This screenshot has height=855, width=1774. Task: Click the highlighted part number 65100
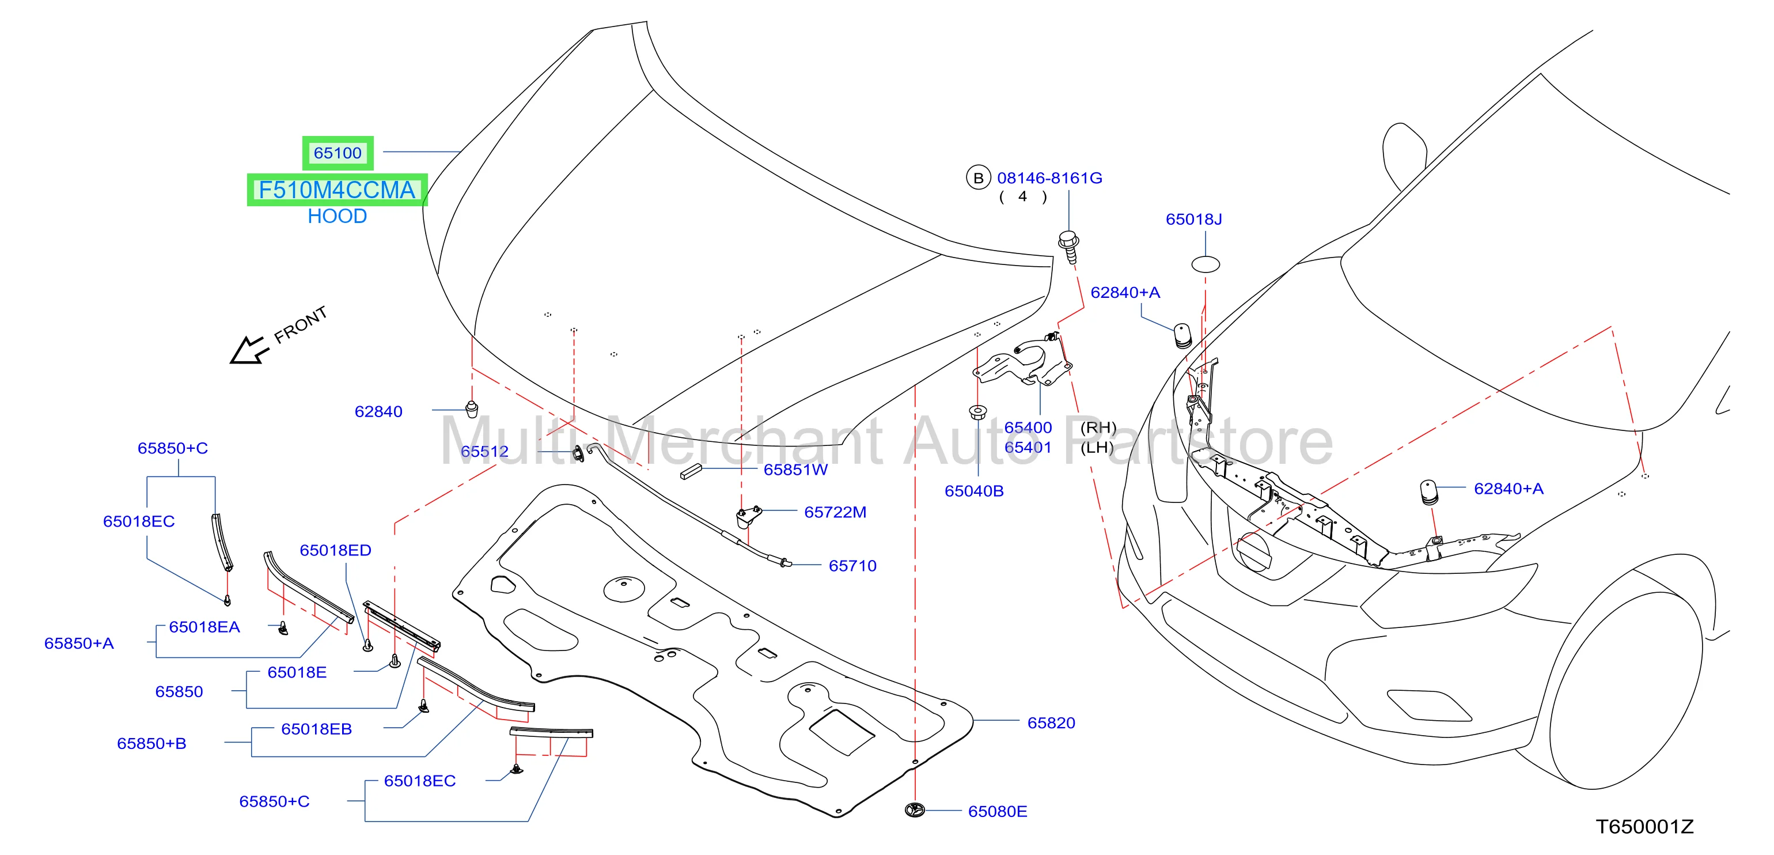(x=338, y=153)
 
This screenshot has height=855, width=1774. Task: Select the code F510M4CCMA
(x=337, y=190)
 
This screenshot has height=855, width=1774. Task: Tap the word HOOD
(x=338, y=216)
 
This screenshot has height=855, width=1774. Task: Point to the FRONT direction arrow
(x=248, y=350)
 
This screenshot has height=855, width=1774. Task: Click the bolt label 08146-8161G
(x=1049, y=178)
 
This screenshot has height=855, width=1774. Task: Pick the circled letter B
(x=978, y=178)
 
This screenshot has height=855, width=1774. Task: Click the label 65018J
(x=1193, y=219)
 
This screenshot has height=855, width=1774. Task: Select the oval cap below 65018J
(x=1205, y=264)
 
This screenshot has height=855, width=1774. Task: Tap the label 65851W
(x=795, y=470)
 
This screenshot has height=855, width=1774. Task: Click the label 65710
(x=852, y=566)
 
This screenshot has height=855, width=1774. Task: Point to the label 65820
(x=1051, y=722)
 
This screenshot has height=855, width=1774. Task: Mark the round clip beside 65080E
(x=915, y=810)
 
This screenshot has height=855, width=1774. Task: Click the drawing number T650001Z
(x=1644, y=827)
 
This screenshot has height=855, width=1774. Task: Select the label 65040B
(x=974, y=491)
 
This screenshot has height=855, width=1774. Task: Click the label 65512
(x=485, y=451)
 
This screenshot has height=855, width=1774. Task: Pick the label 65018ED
(x=335, y=550)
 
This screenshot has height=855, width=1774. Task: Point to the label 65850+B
(x=151, y=743)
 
